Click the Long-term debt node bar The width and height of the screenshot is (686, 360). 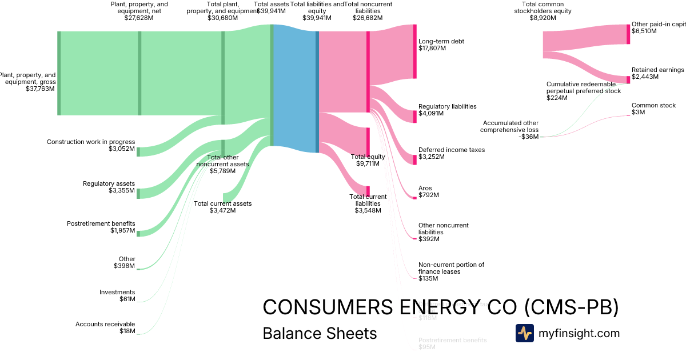[x=415, y=51]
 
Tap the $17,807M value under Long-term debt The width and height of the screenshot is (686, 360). [x=432, y=49]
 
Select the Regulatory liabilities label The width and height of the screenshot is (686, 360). [x=447, y=106]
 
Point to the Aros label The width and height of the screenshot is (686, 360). [x=425, y=188]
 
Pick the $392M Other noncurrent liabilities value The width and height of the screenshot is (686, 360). [x=429, y=239]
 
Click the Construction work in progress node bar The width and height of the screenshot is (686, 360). [x=138, y=151]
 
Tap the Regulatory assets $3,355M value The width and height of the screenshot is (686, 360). [x=122, y=190]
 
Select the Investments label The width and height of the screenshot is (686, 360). [x=117, y=292]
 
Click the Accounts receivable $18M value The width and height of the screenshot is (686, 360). [x=127, y=331]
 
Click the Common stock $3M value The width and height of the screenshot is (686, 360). [x=638, y=112]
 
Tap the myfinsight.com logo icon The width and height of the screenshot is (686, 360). [x=524, y=333]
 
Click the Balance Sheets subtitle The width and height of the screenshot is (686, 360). [x=320, y=333]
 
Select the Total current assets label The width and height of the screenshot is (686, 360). [x=222, y=203]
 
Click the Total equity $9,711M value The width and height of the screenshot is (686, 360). [x=368, y=163]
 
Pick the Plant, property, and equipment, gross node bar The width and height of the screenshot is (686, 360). [x=59, y=73]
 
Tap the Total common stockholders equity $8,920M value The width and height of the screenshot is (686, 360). [x=543, y=18]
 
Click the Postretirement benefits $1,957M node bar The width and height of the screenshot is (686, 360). [x=138, y=233]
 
